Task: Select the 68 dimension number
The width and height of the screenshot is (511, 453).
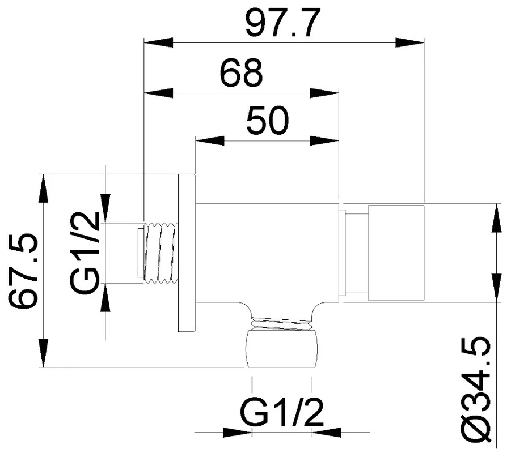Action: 242,72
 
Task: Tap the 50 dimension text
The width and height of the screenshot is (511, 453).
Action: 268,119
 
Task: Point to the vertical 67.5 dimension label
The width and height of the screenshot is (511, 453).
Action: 23,271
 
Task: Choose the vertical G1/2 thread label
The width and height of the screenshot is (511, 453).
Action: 85,253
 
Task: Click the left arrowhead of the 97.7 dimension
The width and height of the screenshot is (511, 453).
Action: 158,42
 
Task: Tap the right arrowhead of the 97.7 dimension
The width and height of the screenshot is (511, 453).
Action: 409,42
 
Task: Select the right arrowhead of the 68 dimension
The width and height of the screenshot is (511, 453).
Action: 324,93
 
